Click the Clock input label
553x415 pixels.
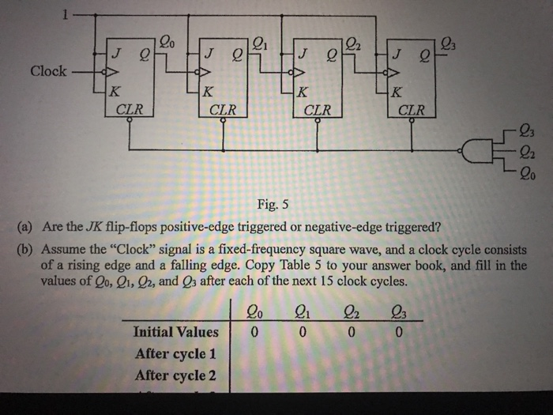(48, 71)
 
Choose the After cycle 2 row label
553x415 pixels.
(175, 375)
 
